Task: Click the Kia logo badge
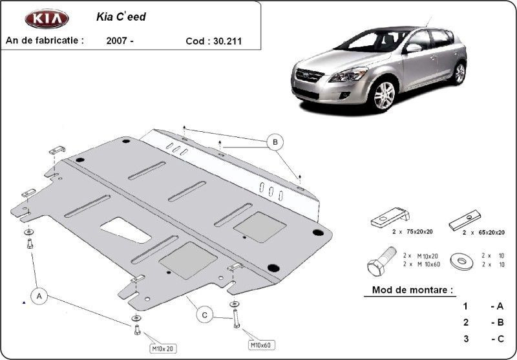47,19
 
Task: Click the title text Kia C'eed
121,17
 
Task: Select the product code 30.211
227,41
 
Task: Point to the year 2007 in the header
116,41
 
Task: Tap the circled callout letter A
39,297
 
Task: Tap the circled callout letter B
275,142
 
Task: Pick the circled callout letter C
205,315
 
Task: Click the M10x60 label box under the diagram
261,345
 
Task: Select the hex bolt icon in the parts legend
381,260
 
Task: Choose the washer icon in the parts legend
461,262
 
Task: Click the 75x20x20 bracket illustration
390,217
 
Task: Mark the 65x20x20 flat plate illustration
465,220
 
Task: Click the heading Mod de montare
412,290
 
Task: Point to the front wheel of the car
384,95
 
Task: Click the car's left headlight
348,74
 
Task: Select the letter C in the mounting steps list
500,339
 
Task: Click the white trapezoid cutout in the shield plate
125,230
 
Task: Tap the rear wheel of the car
459,73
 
